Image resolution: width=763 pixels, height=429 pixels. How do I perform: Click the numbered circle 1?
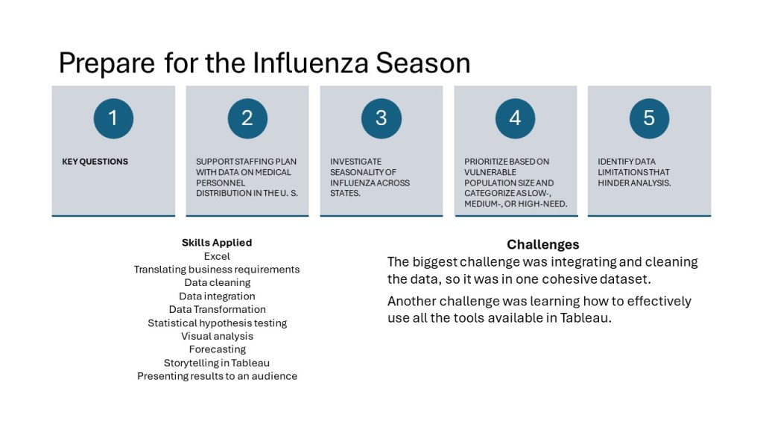coord(113,118)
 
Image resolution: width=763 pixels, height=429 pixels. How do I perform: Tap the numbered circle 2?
coord(247,118)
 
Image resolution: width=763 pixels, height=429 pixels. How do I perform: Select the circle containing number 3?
coord(381,118)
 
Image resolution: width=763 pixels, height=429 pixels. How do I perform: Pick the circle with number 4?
coord(516,118)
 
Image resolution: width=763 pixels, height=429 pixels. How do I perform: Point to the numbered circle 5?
coord(649,118)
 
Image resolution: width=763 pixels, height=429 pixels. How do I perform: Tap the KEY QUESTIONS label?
coord(95,162)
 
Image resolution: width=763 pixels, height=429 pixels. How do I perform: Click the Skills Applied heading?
coord(217,242)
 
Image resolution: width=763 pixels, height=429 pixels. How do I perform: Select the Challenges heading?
coord(543,244)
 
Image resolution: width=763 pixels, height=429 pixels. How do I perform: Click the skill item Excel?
coord(217,256)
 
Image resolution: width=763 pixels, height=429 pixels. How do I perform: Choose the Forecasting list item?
coord(217,349)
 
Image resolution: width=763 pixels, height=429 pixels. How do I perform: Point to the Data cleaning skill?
coord(217,282)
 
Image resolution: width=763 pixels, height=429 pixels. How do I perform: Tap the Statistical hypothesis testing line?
coord(217,323)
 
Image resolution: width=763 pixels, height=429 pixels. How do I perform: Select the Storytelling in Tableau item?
coord(217,363)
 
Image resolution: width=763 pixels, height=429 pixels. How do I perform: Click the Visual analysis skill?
coord(217,336)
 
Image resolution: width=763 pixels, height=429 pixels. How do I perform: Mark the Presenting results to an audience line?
coord(217,376)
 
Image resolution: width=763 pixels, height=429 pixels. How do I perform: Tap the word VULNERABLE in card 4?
coord(490,172)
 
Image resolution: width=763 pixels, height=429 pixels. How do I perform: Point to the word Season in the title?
coord(423,63)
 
